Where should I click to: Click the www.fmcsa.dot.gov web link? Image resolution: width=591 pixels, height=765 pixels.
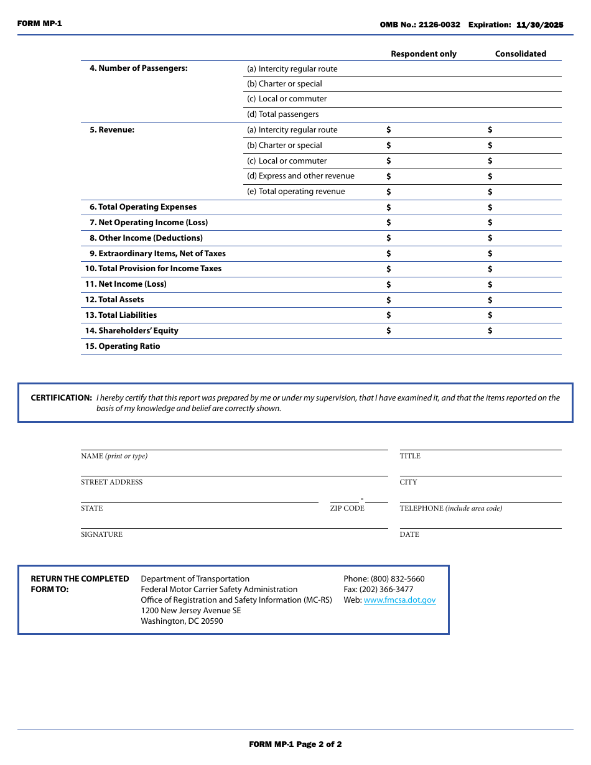(x=399, y=600)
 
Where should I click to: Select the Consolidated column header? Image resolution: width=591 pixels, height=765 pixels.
(x=520, y=54)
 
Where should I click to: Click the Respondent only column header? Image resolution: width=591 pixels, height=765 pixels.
(x=423, y=54)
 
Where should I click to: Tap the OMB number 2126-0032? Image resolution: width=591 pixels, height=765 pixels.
(x=439, y=25)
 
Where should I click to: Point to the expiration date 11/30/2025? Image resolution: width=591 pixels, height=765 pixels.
(x=539, y=25)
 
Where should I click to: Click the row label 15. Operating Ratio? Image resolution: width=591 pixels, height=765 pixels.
(x=123, y=346)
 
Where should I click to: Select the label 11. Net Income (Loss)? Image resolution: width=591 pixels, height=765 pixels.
(x=126, y=284)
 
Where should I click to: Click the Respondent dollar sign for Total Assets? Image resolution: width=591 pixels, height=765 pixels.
(x=389, y=300)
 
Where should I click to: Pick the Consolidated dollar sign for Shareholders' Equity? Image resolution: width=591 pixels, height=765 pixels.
(x=490, y=331)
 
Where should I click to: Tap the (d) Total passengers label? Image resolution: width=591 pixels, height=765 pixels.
(x=282, y=114)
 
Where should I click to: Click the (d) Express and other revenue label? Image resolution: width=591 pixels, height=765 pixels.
(x=300, y=176)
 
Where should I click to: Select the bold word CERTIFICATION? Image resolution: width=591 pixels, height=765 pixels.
(x=61, y=398)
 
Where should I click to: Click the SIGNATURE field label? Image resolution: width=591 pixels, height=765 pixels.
(x=101, y=534)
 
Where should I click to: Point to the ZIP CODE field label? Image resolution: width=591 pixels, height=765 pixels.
(x=347, y=508)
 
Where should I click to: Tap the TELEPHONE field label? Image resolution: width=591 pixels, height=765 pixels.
(x=421, y=508)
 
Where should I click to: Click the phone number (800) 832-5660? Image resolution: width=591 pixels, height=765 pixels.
(x=398, y=579)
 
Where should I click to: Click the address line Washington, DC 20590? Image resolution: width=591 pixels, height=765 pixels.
(x=182, y=621)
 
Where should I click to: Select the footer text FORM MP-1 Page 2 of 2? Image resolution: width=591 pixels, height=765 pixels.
(x=295, y=744)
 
